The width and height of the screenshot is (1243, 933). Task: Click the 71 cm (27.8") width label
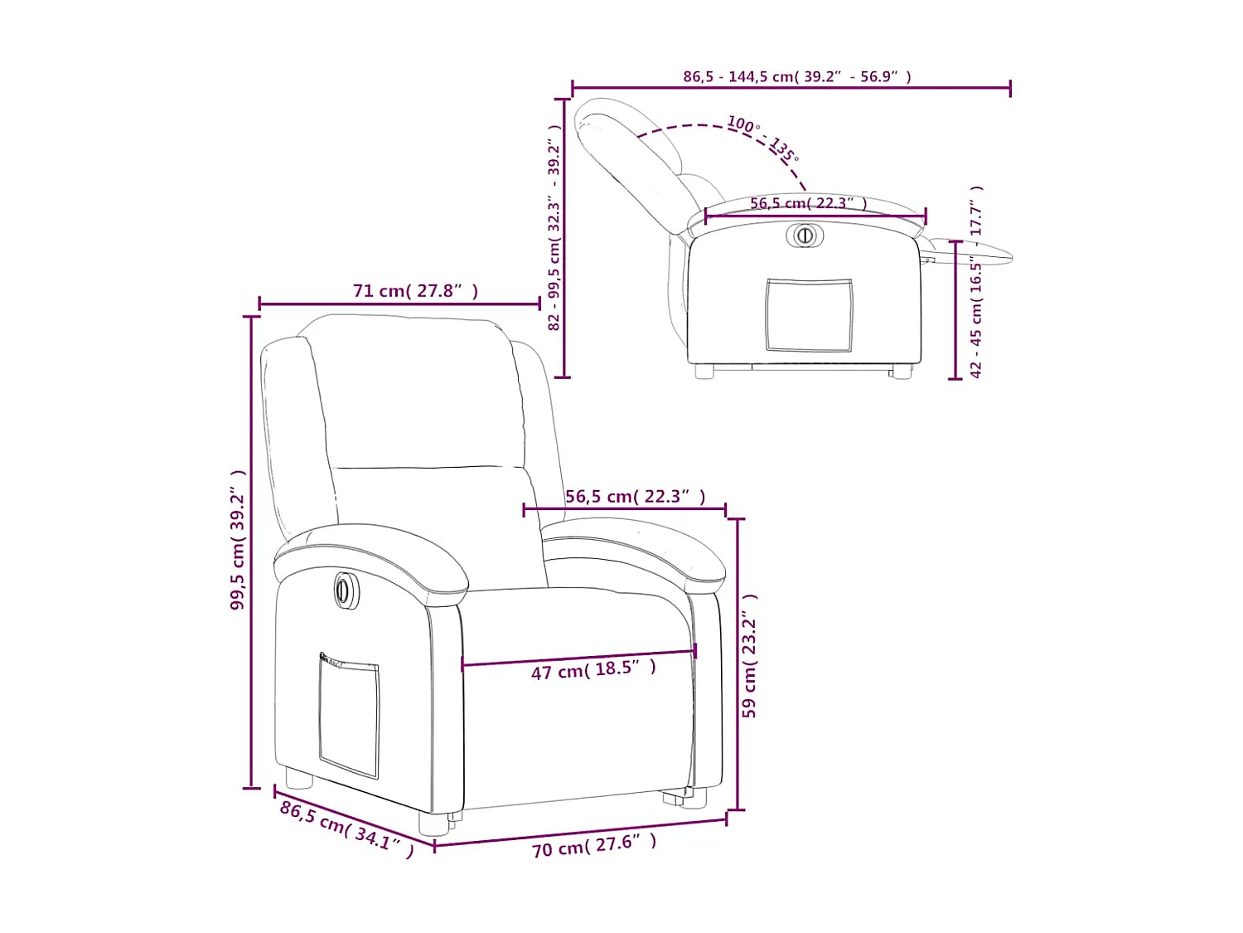pos(415,291)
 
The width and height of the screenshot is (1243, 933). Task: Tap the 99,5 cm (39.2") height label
pos(239,540)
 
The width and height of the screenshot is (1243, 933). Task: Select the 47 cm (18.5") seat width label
pos(593,669)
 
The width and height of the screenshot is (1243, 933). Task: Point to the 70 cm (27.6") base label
pos(594,845)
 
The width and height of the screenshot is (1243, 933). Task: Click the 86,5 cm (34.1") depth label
pos(346,829)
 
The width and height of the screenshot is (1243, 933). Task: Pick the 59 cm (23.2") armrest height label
pos(750,655)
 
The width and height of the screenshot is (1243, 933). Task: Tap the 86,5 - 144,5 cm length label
pos(796,76)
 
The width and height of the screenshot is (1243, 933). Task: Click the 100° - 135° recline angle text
pos(762,138)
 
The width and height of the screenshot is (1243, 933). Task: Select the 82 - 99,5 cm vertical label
pos(554,228)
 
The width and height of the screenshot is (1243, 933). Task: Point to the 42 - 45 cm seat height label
pos(976,282)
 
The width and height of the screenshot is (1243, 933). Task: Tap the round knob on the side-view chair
pos(804,236)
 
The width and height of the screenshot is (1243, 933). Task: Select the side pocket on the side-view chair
pos(809,315)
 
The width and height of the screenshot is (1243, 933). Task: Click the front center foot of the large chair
pos(433,821)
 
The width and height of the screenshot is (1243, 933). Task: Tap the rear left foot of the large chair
pos(297,778)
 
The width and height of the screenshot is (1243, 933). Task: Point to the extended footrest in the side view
pos(974,251)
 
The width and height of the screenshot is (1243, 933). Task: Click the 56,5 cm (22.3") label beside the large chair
pos(635,497)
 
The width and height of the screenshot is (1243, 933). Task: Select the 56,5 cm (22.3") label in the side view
pos(808,203)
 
